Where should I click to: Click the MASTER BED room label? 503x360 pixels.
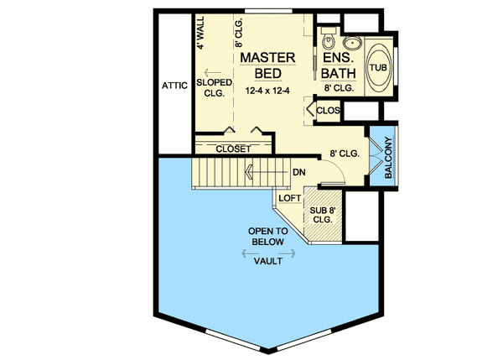(267, 65)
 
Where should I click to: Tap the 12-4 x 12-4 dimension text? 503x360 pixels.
(267, 90)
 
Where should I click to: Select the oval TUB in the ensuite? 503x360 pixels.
(380, 67)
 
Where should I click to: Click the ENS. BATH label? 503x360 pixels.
(339, 65)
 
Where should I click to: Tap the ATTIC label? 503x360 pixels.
(173, 86)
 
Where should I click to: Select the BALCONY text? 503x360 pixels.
(388, 156)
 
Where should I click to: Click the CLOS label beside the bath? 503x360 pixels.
(329, 109)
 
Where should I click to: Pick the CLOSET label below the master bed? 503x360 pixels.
(234, 149)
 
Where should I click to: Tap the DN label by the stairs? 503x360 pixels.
(298, 173)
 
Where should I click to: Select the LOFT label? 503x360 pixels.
(289, 198)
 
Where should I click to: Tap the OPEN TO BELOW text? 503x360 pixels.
(267, 236)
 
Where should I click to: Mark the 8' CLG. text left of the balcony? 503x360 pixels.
(344, 154)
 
